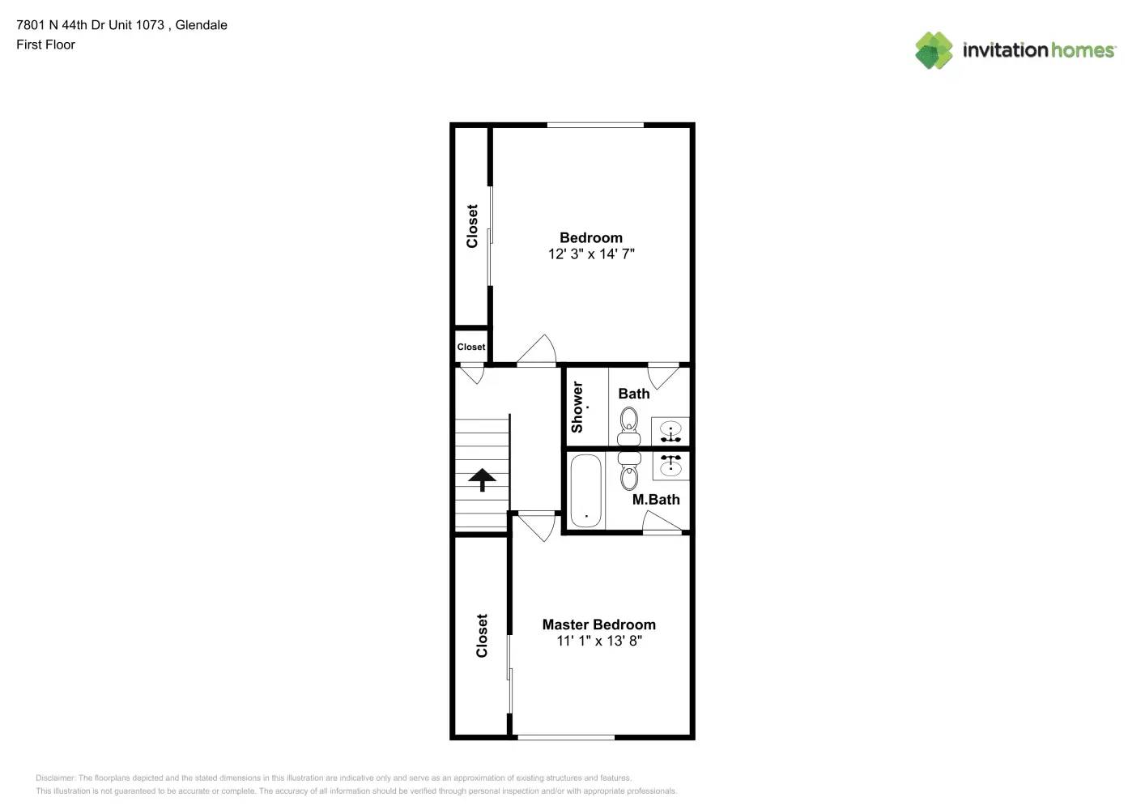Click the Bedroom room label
pos(591,237)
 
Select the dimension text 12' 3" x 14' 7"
pos(591,254)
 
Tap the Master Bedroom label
pos(598,625)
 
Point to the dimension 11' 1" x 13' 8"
pos(599,641)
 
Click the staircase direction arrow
pos(482,480)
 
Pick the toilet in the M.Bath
pos(629,471)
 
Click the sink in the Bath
pos(670,432)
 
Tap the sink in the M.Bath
pos(670,465)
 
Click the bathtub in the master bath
pos(585,490)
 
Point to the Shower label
pos(577,407)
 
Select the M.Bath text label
pos(656,500)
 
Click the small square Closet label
pos(471,347)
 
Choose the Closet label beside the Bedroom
pos(472,226)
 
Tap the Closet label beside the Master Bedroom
pos(482,636)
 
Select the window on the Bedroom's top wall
pos(595,125)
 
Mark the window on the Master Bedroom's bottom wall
pos(566,737)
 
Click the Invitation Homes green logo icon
pos(934,50)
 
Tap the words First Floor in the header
pos(45,45)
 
